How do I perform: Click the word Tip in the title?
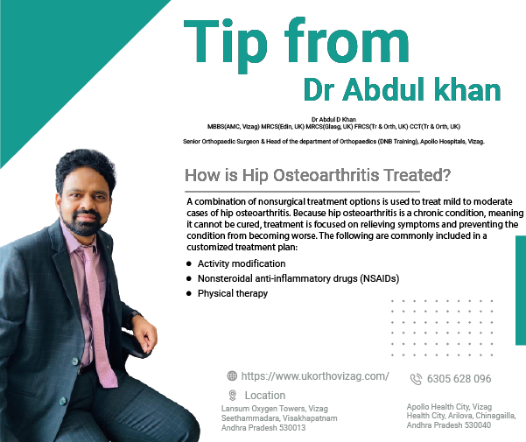pyautogui.click(x=226, y=45)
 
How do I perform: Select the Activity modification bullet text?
pyautogui.click(x=242, y=264)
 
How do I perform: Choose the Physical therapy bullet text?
pyautogui.click(x=233, y=294)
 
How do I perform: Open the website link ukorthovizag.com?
pyautogui.click(x=315, y=376)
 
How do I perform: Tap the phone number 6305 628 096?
pyautogui.click(x=459, y=379)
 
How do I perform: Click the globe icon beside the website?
pyautogui.click(x=232, y=376)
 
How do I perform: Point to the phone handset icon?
pyautogui.click(x=416, y=379)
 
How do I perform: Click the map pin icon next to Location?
pyautogui.click(x=232, y=396)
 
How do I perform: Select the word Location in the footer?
pyautogui.click(x=265, y=396)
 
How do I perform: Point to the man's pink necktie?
pyautogui.click(x=99, y=315)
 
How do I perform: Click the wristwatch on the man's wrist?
pyautogui.click(x=134, y=319)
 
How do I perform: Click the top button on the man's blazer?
pyautogui.click(x=75, y=361)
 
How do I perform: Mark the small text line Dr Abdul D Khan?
pyautogui.click(x=333, y=119)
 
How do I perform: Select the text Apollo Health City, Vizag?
pyautogui.click(x=449, y=407)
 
